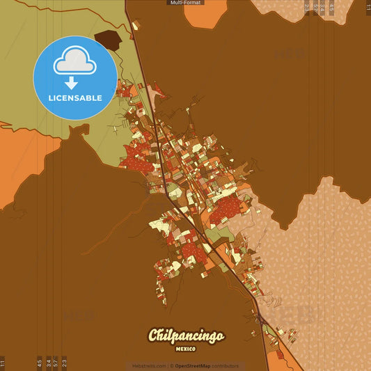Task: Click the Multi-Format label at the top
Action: click(185, 3)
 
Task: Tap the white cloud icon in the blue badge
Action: click(74, 63)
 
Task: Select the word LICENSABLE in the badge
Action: click(75, 98)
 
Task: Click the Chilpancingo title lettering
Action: click(186, 336)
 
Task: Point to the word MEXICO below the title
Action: click(185, 348)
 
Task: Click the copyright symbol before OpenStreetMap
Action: click(172, 365)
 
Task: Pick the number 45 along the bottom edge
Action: click(40, 363)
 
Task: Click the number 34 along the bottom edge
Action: click(48, 363)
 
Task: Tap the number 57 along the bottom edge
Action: click(56, 363)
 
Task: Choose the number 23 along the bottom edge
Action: click(64, 363)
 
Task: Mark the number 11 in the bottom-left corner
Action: click(3, 363)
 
